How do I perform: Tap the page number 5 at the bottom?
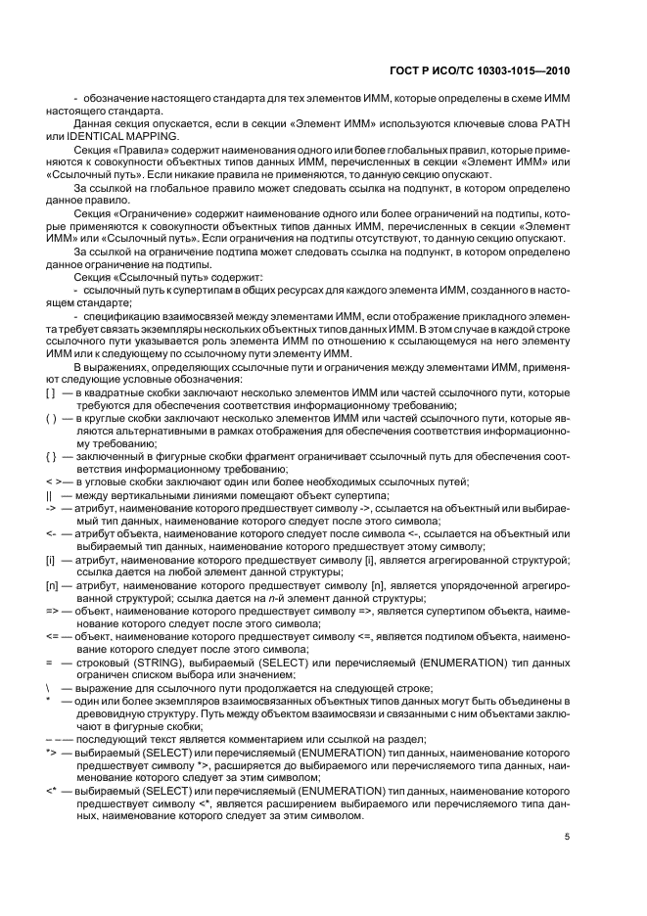(567, 835)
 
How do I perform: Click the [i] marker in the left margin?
(50, 557)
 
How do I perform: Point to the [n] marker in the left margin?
(51, 583)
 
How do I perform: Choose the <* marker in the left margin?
(51, 788)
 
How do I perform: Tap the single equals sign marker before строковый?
(48, 662)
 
